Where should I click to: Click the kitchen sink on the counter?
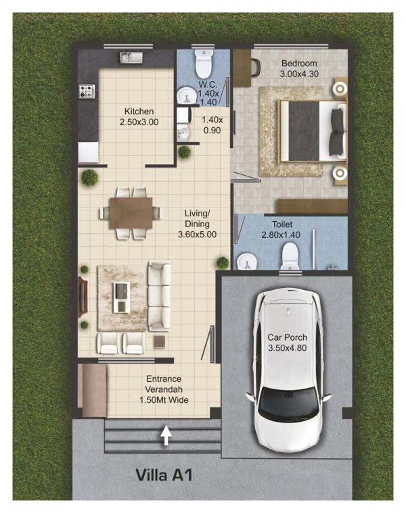(131, 57)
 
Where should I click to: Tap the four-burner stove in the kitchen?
(87, 91)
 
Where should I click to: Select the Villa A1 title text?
(164, 475)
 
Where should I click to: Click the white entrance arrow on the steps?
(166, 435)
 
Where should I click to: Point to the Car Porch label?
(288, 343)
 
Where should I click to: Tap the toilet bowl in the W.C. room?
(204, 63)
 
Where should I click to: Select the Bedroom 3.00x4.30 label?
(299, 68)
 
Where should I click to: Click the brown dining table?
(131, 213)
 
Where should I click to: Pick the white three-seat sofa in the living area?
(159, 296)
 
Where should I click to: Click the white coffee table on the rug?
(122, 297)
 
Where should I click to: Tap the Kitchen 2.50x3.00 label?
(139, 117)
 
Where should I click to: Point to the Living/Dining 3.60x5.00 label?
(197, 224)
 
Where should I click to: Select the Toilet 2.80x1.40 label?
(281, 229)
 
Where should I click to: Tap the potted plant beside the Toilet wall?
(223, 262)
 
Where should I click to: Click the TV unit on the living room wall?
(83, 297)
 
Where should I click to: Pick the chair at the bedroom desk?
(256, 68)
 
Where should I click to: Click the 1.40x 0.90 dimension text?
(212, 125)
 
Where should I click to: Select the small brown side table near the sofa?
(160, 341)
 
